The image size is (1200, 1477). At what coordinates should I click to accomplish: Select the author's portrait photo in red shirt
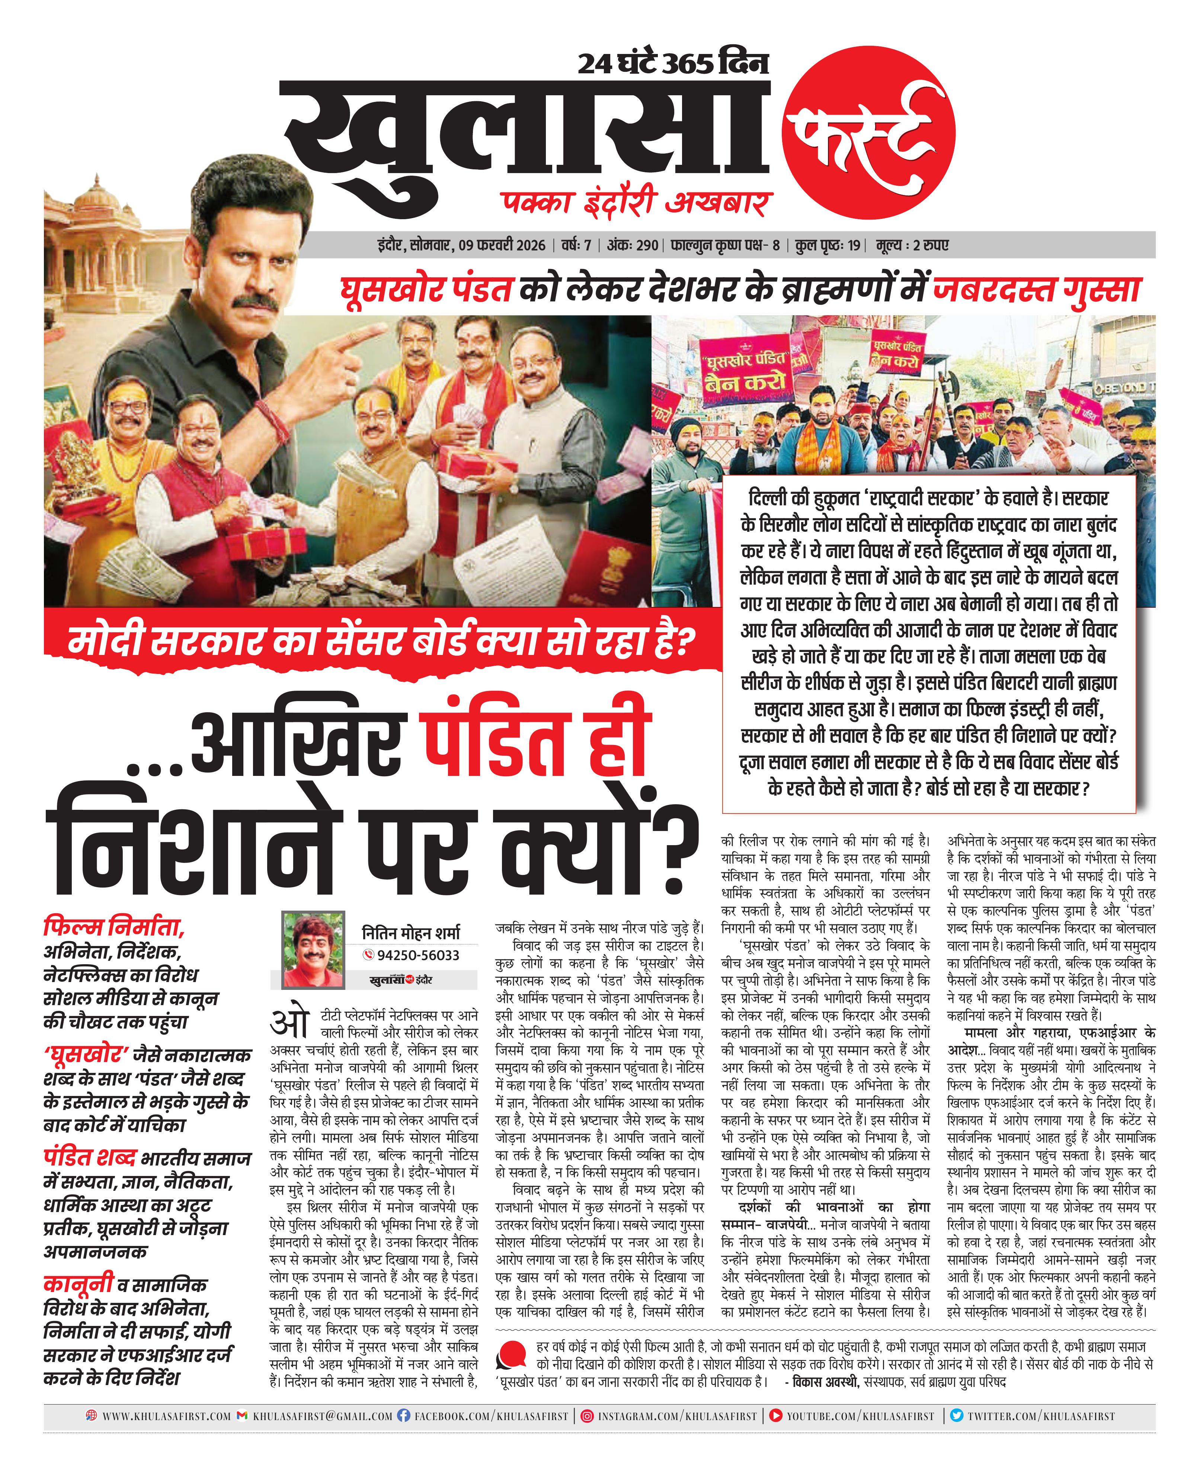[x=313, y=950]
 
